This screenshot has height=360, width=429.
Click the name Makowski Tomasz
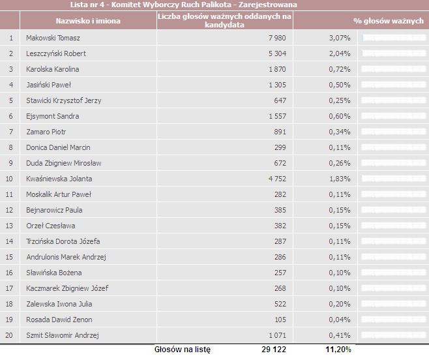(x=53, y=38)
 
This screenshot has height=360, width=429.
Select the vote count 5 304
(x=277, y=53)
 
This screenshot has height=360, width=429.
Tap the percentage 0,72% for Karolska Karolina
(x=340, y=69)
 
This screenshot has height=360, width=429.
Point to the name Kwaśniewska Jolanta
(x=59, y=179)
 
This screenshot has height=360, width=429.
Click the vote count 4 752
(x=277, y=179)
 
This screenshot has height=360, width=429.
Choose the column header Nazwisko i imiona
(x=88, y=21)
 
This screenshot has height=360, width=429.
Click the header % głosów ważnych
(x=389, y=21)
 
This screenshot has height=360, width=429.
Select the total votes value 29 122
(x=274, y=350)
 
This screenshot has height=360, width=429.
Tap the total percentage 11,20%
(x=338, y=350)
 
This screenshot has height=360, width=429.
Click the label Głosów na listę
(x=183, y=350)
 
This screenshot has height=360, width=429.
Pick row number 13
(x=9, y=226)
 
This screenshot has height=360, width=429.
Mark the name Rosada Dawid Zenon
(x=59, y=320)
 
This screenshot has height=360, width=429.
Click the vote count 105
(x=280, y=320)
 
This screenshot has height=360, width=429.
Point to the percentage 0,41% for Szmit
(x=340, y=335)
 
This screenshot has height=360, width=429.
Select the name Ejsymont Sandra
(x=53, y=116)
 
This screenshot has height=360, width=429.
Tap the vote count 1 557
(x=277, y=116)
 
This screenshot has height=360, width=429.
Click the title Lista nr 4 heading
(x=184, y=5)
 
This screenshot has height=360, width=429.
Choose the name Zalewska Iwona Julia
(x=59, y=304)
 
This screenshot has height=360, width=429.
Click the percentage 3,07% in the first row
(x=340, y=38)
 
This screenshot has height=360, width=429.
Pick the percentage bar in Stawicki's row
(x=393, y=100)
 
